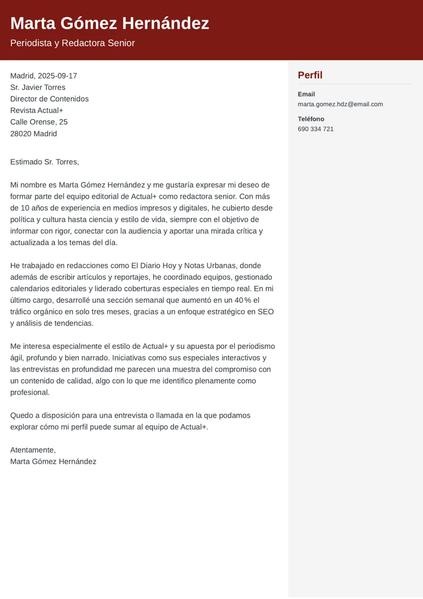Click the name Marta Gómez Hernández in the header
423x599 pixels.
point(109,24)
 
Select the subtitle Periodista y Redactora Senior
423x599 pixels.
point(72,43)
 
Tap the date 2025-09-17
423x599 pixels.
point(57,76)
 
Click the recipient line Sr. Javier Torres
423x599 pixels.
point(38,88)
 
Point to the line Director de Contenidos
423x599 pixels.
point(49,99)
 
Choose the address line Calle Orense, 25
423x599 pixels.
point(39,122)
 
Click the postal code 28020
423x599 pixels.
point(21,134)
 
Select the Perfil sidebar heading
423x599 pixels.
point(310,75)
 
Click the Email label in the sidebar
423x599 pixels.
point(306,94)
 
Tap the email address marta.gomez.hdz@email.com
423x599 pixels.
point(340,104)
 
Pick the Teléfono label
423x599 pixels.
point(311,119)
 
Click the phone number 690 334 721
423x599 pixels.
point(315,129)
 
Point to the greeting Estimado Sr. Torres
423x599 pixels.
point(45,162)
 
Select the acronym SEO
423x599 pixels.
point(265,312)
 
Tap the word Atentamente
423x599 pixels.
point(33,450)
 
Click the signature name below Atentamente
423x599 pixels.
point(53,461)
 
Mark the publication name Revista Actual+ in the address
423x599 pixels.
point(37,111)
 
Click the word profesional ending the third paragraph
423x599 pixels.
point(30,392)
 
